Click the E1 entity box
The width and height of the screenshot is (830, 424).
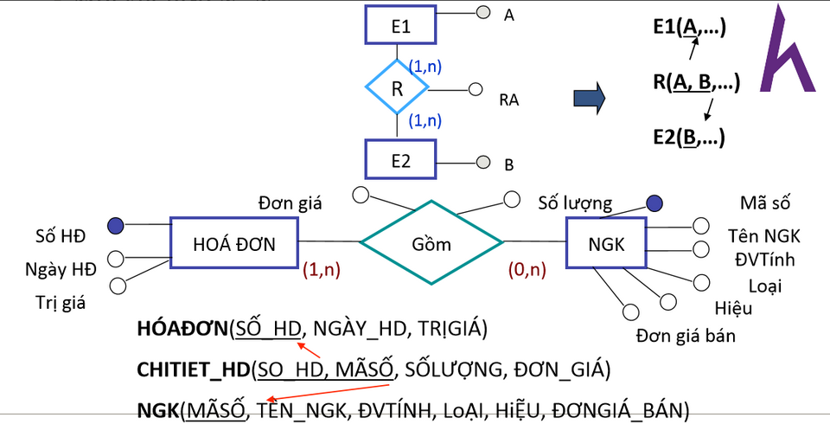coord(399,27)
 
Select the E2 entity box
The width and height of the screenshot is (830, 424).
coord(399,160)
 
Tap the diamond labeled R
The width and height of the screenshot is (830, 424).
coord(397,87)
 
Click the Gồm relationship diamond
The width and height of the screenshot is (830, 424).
coord(431,242)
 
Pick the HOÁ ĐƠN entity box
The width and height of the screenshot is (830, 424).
coord(233,243)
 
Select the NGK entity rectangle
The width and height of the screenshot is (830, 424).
coord(605,243)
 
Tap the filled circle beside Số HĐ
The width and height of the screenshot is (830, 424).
coord(115,226)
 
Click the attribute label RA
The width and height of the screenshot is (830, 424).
coord(508,100)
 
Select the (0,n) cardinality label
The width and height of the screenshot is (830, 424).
coord(527,269)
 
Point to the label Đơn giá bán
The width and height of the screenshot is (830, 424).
coord(686,335)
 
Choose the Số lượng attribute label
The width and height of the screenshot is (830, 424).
coord(575,203)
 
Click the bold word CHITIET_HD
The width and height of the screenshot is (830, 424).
coord(193,370)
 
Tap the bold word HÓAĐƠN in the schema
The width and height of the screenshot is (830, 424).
coord(182,329)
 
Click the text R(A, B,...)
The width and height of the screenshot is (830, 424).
coord(696,82)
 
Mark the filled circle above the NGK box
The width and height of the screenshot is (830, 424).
coord(655,203)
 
